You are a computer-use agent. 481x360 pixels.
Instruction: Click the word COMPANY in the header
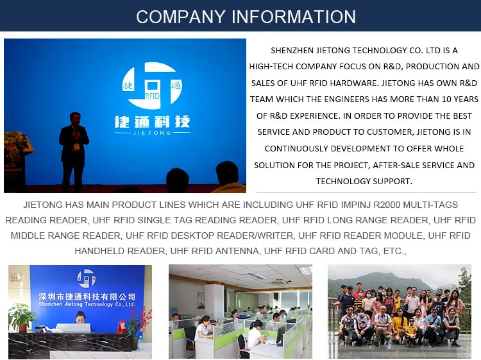[x=181, y=17]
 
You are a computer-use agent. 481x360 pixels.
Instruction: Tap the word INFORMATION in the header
[x=294, y=17]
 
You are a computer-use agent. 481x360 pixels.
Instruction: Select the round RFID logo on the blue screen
[x=152, y=85]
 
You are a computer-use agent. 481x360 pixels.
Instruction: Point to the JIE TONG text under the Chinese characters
[x=152, y=133]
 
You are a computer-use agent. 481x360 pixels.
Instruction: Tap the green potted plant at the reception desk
[x=22, y=317]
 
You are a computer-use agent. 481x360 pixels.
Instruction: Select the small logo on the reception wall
[x=86, y=279]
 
